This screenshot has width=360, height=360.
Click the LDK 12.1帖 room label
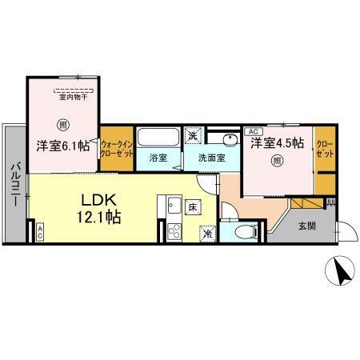[99, 208]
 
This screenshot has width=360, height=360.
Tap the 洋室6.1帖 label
[63, 146]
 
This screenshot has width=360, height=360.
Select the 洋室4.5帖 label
[277, 143]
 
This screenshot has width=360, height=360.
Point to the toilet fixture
[246, 231]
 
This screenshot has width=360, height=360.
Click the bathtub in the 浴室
[158, 137]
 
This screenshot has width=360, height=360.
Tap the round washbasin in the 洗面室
[230, 139]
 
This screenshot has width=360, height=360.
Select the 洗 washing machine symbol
[194, 136]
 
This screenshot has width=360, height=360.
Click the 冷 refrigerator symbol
[208, 234]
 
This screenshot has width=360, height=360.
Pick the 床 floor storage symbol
[193, 207]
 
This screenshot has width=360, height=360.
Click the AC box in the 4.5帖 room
[254, 131]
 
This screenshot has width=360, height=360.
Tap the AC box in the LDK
[39, 232]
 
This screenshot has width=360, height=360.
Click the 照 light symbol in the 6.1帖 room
[63, 125]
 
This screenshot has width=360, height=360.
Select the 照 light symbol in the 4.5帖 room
[278, 161]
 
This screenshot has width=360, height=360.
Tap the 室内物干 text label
[74, 98]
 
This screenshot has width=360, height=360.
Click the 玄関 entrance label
[307, 226]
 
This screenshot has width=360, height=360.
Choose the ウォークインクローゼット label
[117, 149]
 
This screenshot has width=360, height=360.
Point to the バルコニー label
[14, 186]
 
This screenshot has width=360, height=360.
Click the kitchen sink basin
[174, 205]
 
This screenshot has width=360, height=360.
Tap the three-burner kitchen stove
[174, 231]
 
